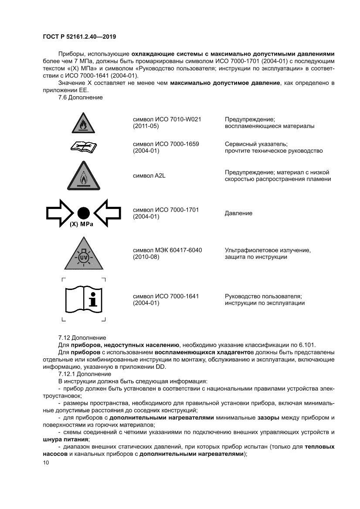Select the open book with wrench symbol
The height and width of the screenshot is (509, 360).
click(83, 148)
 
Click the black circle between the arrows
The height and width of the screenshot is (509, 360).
click(83, 213)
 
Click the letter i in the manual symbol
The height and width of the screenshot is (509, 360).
click(93, 300)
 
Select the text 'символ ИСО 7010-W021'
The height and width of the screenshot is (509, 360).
click(169, 119)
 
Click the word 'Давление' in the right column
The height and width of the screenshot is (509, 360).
click(238, 213)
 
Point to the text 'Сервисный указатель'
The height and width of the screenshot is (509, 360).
click(256, 144)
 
